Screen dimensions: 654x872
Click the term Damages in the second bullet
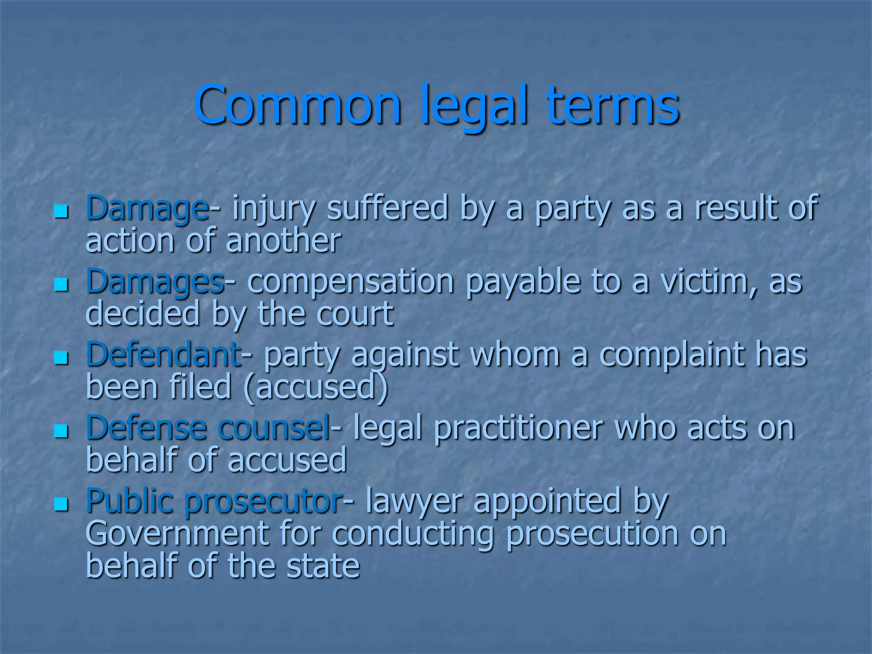pyautogui.click(x=155, y=281)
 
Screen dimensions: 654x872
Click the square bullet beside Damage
pyautogui.click(x=61, y=211)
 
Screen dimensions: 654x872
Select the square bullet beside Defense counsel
pyautogui.click(x=61, y=431)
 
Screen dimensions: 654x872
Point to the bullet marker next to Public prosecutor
pyautogui.click(x=61, y=504)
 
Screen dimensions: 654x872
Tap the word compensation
pyautogui.click(x=350, y=281)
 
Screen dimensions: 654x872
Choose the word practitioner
pyautogui.click(x=518, y=428)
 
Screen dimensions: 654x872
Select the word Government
pyautogui.click(x=177, y=534)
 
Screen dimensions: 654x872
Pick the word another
pyautogui.click(x=283, y=241)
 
